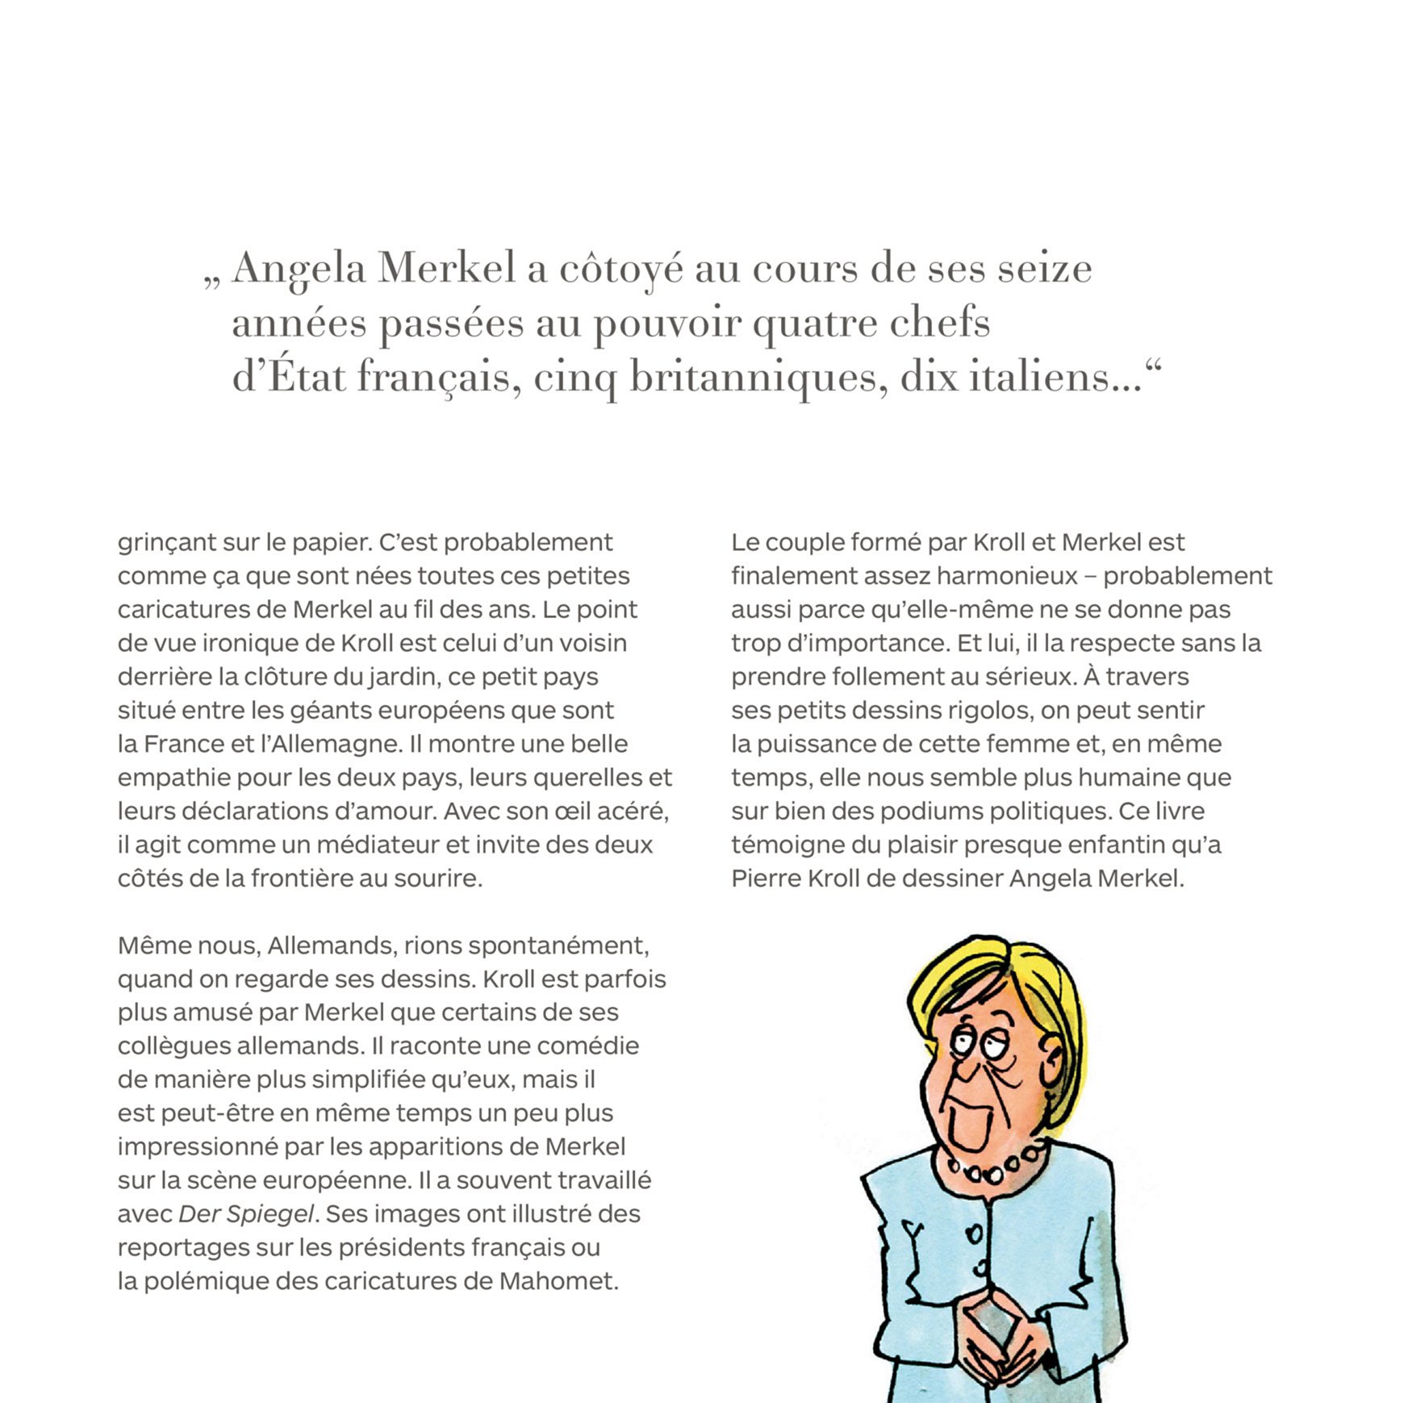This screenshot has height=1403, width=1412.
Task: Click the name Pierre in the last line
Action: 767,879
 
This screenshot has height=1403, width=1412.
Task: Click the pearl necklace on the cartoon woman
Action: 995,1166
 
